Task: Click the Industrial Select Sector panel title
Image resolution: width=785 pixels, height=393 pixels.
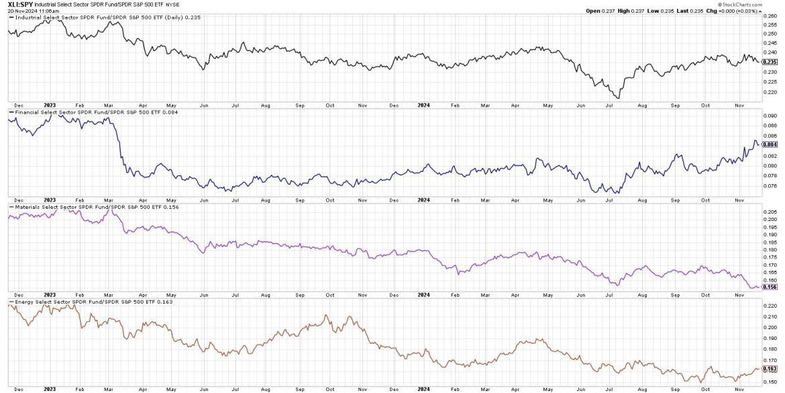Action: coord(87,18)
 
